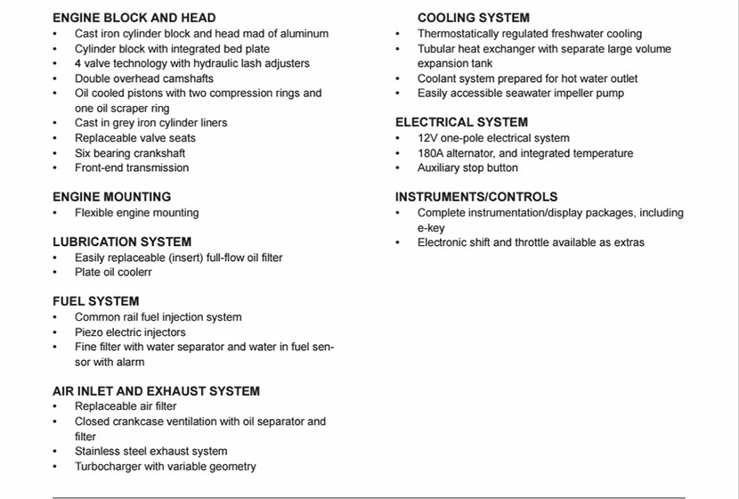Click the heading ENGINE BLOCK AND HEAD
pyautogui.click(x=134, y=18)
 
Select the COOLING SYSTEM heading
pyautogui.click(x=473, y=18)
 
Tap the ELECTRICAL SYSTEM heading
pyautogui.click(x=461, y=122)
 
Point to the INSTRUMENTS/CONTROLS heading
pyautogui.click(x=476, y=197)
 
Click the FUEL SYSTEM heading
pyautogui.click(x=95, y=301)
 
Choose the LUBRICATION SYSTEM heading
pyautogui.click(x=122, y=241)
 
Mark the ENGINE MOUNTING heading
pyautogui.click(x=111, y=197)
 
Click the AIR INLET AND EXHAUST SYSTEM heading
pyautogui.click(x=156, y=391)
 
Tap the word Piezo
pyautogui.click(x=89, y=332)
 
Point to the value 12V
pyautogui.click(x=427, y=138)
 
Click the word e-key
pyautogui.click(x=431, y=228)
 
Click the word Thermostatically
pyautogui.click(x=461, y=34)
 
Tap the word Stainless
pyautogui.click(x=99, y=452)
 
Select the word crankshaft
pyautogui.click(x=158, y=153)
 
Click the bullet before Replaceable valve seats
pyautogui.click(x=55, y=139)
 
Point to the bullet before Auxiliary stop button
pyautogui.click(x=398, y=168)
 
